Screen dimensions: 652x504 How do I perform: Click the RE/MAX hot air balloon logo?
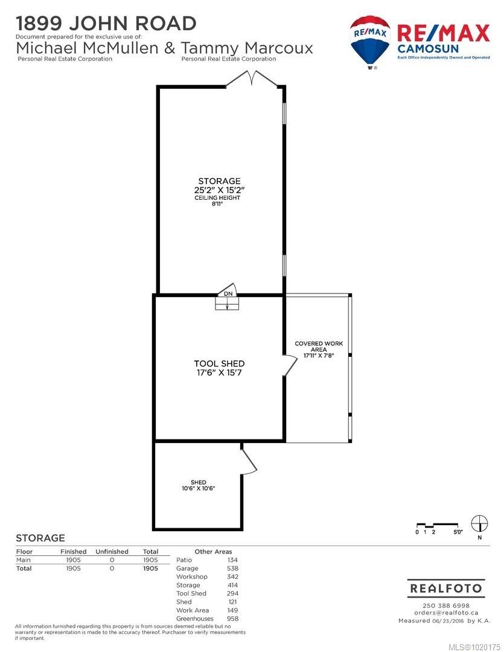click(x=370, y=41)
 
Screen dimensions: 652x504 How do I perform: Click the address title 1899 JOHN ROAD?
click(x=106, y=24)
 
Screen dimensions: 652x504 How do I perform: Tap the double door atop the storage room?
click(x=252, y=79)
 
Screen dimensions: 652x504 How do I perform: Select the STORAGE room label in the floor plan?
click(x=219, y=181)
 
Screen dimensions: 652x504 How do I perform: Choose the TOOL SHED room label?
click(x=219, y=363)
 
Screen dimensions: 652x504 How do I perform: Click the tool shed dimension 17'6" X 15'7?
click(x=219, y=373)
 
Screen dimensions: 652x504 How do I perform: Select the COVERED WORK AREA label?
click(x=319, y=347)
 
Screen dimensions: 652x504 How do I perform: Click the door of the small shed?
click(x=249, y=461)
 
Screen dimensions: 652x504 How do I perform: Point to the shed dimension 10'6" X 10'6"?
click(x=199, y=488)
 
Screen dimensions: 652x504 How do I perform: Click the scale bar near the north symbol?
click(x=439, y=526)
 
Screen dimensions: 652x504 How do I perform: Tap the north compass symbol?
click(x=479, y=523)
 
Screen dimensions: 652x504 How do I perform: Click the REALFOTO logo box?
click(x=446, y=588)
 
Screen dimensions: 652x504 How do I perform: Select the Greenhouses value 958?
click(x=232, y=619)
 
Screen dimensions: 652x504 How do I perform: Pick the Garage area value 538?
click(x=232, y=568)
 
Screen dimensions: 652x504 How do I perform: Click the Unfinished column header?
click(x=112, y=552)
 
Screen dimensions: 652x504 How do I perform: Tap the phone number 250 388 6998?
click(x=446, y=606)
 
